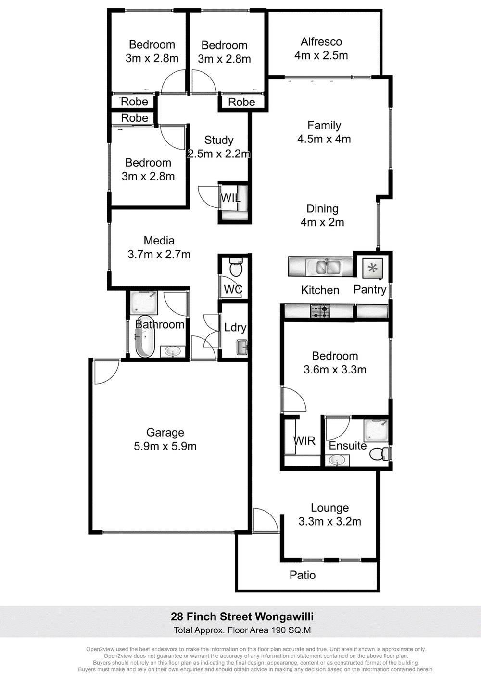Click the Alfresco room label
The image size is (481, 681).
[321, 42]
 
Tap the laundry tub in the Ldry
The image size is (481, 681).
[241, 347]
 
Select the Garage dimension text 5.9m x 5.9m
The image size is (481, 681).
[165, 446]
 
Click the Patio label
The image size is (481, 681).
[303, 575]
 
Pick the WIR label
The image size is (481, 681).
[304, 440]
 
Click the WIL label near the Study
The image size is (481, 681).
[230, 198]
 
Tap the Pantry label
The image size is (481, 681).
[370, 289]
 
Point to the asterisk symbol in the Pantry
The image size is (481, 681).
[373, 268]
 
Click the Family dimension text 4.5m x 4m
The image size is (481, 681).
[324, 139]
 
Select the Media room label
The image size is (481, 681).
[159, 241]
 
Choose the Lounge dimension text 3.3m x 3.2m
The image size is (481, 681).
[329, 521]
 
